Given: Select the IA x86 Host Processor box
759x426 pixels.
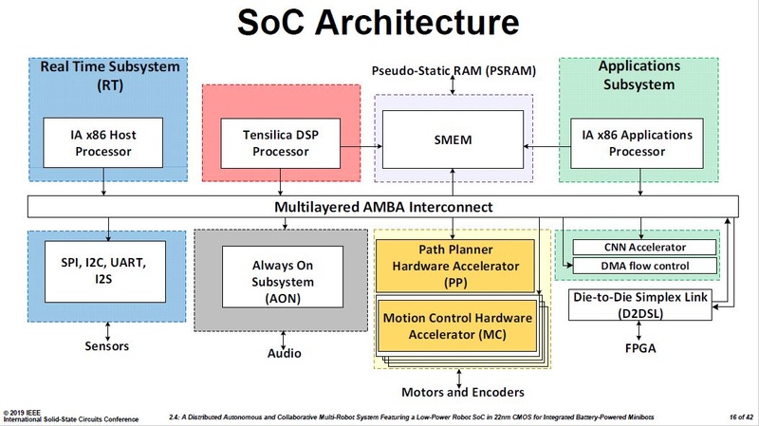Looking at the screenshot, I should point(90,143).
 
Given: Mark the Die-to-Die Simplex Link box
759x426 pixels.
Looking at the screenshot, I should point(642,306).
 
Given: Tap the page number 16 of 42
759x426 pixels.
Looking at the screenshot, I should point(736,417).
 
